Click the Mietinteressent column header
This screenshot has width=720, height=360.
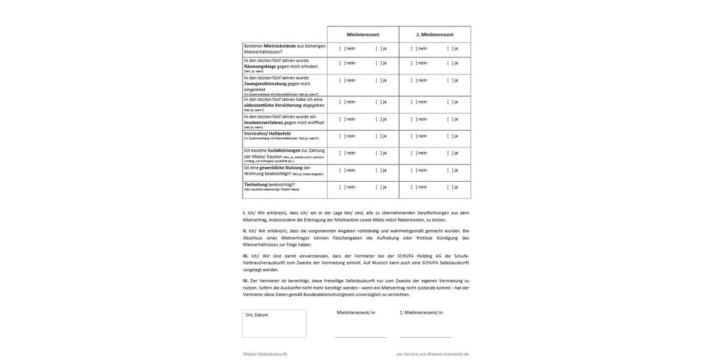[x=363, y=35]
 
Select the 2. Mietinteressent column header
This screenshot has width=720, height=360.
[x=435, y=35]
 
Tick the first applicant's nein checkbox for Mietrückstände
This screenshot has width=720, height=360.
[x=342, y=49]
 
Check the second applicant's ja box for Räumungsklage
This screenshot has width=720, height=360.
[x=449, y=63]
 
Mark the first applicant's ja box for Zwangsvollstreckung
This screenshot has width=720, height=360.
[x=378, y=80]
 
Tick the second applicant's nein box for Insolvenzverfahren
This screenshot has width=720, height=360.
[x=413, y=119]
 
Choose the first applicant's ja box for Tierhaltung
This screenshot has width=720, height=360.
[x=378, y=187]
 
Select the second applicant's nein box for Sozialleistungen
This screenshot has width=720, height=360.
[x=413, y=153]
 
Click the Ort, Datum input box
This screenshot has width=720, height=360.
[x=274, y=324]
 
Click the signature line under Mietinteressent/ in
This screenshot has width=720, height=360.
[x=360, y=337]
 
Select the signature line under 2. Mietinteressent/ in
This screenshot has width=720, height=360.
[x=425, y=337]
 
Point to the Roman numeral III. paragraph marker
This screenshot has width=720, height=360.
[x=245, y=256]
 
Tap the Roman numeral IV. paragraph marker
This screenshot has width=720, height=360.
[x=245, y=281]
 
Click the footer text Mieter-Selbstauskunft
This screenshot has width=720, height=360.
[x=265, y=354]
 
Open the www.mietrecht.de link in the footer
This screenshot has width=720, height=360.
[x=449, y=354]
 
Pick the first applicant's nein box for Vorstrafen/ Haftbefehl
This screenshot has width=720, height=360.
[x=342, y=136]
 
